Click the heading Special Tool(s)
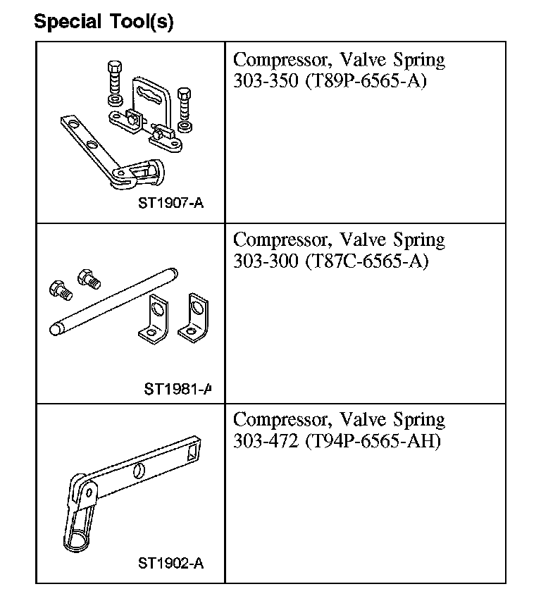pos(104,21)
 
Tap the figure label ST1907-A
pos(170,204)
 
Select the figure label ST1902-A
pos(170,563)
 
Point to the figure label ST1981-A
pos(178,388)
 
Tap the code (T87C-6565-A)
pos(366,261)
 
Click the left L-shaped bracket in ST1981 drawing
pos(156,318)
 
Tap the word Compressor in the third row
pos(282,421)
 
